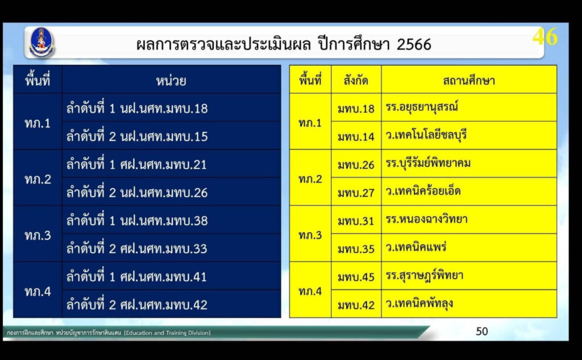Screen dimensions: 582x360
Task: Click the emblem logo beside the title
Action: tap(41, 42)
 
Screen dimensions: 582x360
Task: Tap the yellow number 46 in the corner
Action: tap(545, 37)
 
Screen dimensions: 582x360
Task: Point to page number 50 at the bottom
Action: tap(482, 331)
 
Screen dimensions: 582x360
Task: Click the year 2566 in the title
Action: tap(414, 44)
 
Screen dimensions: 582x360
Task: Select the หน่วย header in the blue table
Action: tap(171, 80)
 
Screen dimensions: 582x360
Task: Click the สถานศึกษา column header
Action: tap(469, 80)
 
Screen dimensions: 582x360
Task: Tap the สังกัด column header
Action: tap(356, 80)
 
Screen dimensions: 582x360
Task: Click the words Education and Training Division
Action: tap(168, 333)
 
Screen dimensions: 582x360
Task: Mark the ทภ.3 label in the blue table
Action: tap(38, 235)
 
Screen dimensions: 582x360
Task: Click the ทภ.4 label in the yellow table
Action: tap(310, 291)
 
